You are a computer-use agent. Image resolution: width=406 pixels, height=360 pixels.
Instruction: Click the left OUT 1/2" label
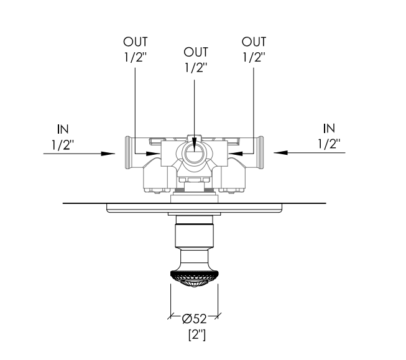click(136, 50)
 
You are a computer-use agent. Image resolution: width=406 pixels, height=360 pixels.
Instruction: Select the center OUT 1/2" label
click(196, 60)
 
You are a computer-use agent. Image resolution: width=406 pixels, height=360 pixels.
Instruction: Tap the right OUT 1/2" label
click(254, 50)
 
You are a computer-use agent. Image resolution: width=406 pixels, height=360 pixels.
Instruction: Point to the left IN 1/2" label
click(63, 137)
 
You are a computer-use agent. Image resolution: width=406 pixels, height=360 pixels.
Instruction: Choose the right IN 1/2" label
click(329, 136)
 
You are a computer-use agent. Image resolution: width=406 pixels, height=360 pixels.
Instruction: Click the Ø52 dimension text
click(194, 319)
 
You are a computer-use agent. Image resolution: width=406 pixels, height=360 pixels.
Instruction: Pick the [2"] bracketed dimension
click(197, 335)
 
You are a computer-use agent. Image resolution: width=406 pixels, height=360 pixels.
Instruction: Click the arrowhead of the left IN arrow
click(108, 154)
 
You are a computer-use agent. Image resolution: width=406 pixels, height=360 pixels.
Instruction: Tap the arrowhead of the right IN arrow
click(280, 152)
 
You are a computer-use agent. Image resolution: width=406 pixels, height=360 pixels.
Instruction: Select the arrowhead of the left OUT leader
click(154, 154)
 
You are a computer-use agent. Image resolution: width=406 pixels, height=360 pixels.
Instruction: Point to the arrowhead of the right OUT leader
click(235, 154)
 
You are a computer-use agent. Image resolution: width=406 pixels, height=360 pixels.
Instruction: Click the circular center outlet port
click(194, 154)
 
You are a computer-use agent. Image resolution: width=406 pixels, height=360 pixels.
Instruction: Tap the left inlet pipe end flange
click(128, 152)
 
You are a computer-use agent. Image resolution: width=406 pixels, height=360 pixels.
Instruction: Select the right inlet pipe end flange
click(261, 152)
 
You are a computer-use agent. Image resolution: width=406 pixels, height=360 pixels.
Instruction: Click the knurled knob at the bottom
click(194, 279)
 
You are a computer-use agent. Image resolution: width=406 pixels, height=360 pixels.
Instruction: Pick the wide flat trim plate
click(194, 208)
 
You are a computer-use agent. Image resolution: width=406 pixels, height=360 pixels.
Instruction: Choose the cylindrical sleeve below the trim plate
click(194, 231)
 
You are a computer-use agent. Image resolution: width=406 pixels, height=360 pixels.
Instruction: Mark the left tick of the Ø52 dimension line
click(170, 316)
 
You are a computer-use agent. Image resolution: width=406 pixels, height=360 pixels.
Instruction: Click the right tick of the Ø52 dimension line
click(218, 316)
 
